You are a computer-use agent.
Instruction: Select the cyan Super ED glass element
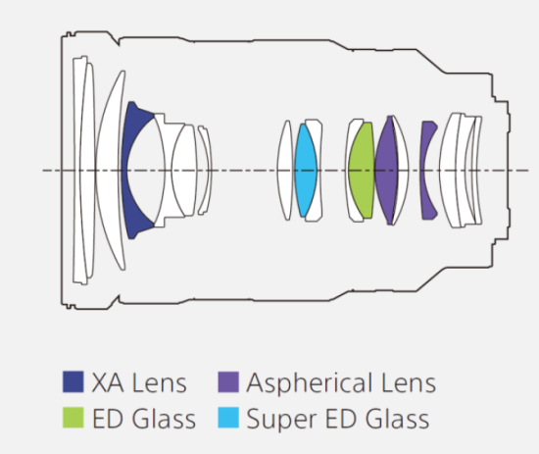306,171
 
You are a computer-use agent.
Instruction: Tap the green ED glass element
362,171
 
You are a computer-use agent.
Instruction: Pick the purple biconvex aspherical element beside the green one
386,171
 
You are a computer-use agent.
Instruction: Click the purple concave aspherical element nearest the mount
424,171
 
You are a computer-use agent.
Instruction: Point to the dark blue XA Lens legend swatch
73,381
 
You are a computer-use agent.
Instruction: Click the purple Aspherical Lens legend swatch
228,381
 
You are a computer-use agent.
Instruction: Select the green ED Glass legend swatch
73,418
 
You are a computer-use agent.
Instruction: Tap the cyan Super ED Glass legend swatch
228,418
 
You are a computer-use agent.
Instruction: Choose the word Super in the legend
281,420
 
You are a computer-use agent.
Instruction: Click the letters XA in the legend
108,382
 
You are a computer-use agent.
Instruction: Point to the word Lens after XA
160,382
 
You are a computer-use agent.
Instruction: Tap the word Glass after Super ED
397,419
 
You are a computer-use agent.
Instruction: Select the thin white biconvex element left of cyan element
285,171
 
